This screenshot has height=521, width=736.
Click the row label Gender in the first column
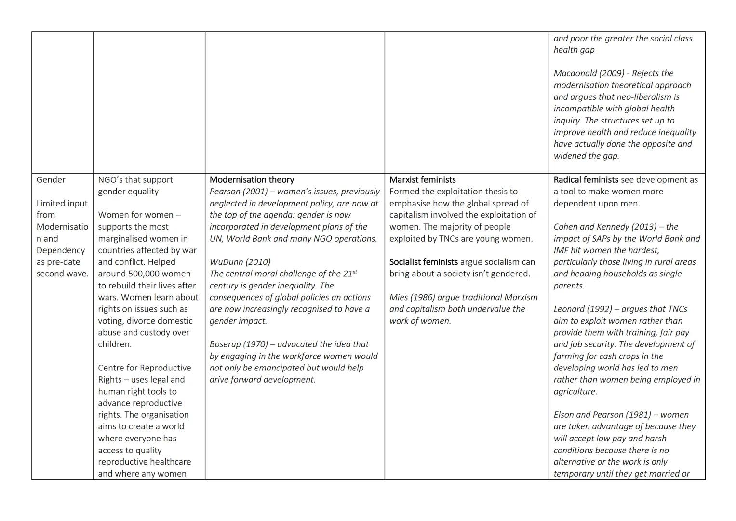[51, 180]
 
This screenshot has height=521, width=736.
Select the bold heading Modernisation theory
[252, 180]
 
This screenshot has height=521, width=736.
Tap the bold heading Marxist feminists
[422, 180]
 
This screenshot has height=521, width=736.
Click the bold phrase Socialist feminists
[423, 262]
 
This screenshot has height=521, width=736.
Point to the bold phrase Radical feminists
[586, 180]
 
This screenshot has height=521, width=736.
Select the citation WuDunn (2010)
[240, 262]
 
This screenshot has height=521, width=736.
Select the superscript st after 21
[355, 272]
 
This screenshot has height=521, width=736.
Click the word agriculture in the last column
[575, 392]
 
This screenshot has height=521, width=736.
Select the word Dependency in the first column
[61, 250]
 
